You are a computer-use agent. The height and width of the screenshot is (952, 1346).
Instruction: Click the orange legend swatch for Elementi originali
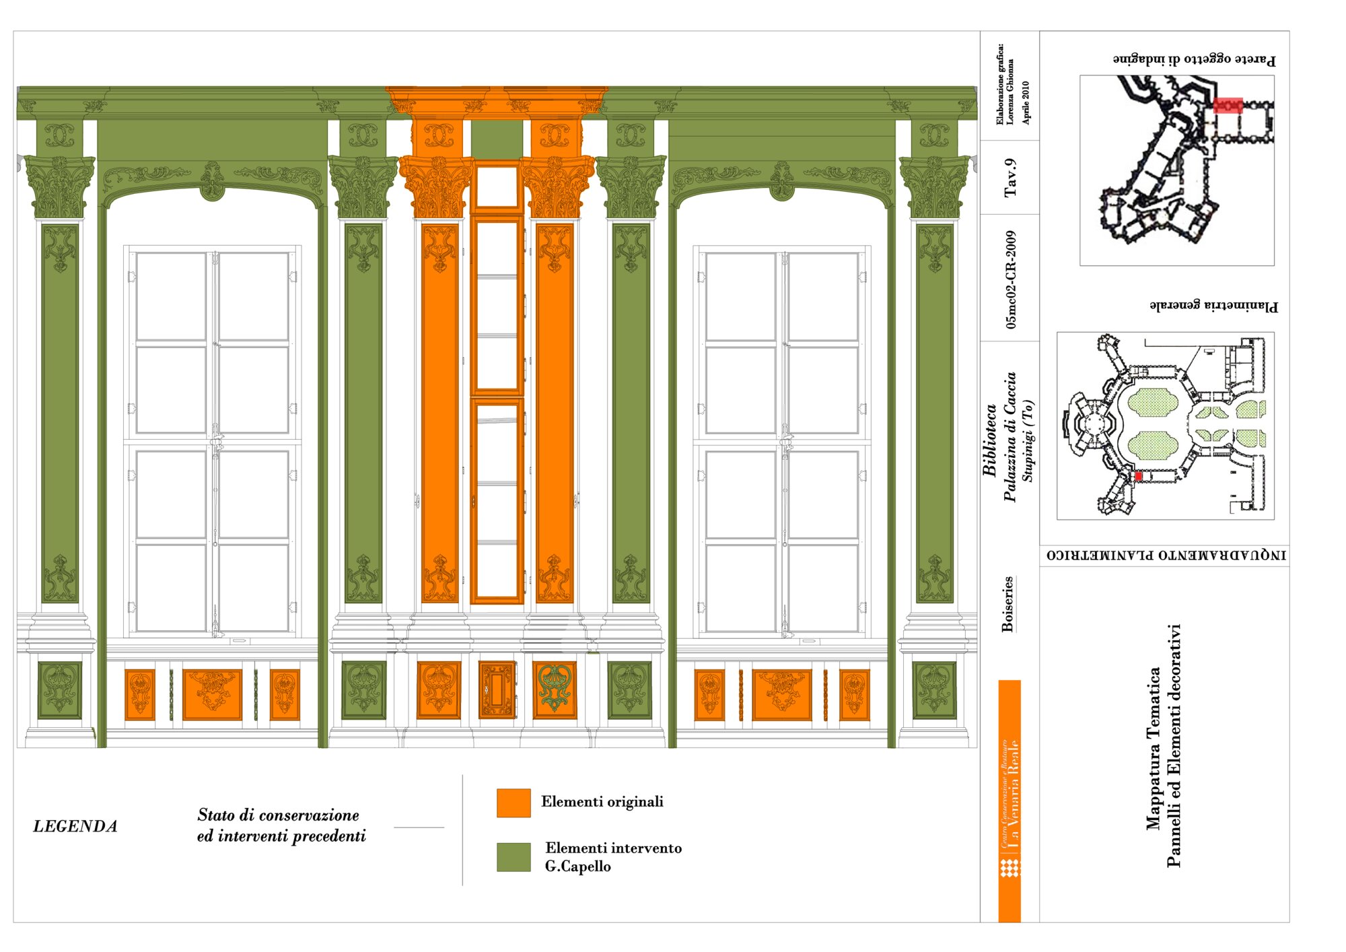click(513, 803)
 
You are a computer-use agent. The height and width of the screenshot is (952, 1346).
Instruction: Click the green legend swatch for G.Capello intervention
click(513, 856)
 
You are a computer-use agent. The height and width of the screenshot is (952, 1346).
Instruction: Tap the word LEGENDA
click(75, 826)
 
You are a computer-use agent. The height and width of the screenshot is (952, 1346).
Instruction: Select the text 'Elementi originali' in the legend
click(602, 801)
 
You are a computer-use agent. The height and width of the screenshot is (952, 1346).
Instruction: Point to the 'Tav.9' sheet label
click(1010, 178)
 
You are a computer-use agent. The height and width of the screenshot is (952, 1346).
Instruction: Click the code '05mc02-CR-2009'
click(1010, 279)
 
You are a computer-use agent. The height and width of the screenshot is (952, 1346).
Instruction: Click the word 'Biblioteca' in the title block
click(990, 441)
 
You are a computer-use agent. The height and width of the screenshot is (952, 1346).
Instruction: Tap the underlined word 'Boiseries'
click(1007, 604)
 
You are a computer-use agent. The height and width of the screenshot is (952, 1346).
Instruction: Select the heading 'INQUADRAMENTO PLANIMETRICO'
click(1166, 555)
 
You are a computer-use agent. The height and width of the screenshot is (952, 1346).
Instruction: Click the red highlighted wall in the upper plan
click(1228, 106)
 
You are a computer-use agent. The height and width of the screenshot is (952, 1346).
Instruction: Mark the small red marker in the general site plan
click(1139, 476)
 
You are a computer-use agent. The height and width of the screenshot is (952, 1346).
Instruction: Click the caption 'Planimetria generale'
click(1213, 306)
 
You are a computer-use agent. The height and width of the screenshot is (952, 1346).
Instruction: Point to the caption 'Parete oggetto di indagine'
click(1194, 59)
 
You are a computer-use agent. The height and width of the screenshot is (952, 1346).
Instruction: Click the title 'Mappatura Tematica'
click(1154, 747)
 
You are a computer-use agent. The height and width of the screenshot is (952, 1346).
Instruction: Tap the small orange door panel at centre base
click(497, 689)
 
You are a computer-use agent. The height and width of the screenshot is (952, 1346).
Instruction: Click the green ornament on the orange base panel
click(555, 688)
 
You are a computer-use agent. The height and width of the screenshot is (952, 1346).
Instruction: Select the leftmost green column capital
click(60, 186)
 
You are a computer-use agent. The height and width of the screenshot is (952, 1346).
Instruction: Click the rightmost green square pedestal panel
click(934, 689)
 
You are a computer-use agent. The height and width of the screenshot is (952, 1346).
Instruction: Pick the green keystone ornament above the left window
click(213, 181)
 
